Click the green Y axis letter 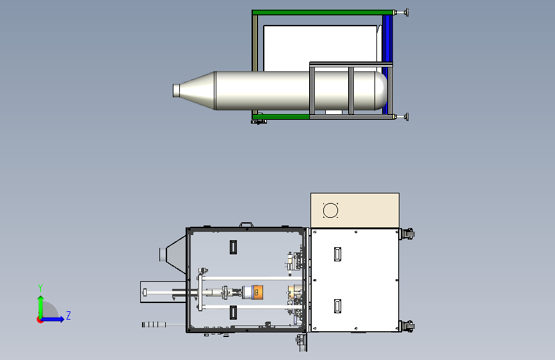(40, 288)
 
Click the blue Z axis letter (68, 315)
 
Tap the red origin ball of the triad (40, 320)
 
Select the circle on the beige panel (330, 211)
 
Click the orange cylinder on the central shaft (258, 292)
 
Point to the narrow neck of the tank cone (176, 90)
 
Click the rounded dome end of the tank (382, 91)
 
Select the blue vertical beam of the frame (387, 64)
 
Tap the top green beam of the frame (323, 12)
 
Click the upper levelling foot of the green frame (403, 13)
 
